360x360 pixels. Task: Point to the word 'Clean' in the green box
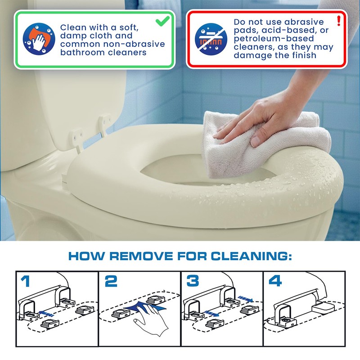72,27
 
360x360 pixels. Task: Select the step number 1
26,281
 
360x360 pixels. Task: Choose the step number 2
111,281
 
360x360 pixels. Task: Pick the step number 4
275,281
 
